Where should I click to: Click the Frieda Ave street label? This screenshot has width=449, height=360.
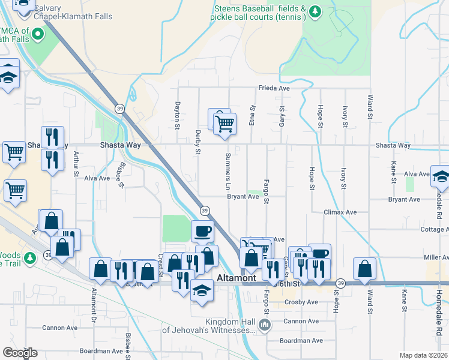point(274,88)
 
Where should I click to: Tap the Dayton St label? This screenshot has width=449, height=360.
point(178,115)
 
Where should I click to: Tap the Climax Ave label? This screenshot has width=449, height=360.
point(340,212)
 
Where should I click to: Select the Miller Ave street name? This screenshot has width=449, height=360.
point(436,257)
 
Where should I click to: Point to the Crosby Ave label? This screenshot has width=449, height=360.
point(301,302)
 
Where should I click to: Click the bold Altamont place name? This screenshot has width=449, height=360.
point(237,278)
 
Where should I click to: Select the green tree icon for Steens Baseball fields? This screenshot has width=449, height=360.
point(315,11)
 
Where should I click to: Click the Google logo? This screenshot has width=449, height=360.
point(20,353)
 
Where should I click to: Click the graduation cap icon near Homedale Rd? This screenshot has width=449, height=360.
point(440,176)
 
